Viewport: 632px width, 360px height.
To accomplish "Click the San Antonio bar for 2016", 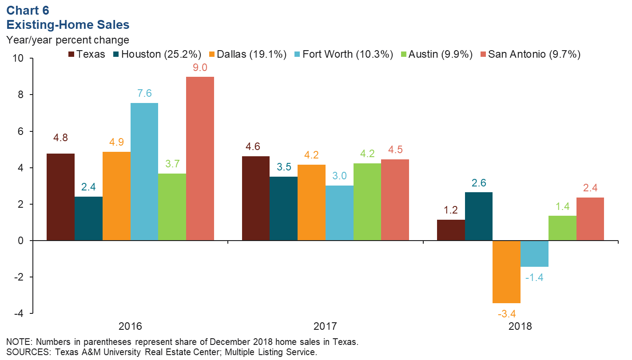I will tap(200, 158).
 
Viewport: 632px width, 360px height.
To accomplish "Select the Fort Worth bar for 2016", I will tap(144, 171).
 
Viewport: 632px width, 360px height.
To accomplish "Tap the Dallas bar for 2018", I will tap(506, 272).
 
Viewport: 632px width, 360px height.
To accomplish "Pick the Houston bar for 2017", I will tap(283, 209).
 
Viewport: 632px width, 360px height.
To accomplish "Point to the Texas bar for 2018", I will tap(451, 230).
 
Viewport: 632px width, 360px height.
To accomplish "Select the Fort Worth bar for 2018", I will tap(534, 253).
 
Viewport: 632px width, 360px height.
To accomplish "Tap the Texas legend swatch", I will tap(71, 55).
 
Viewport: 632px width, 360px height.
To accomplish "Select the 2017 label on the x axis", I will tap(325, 326).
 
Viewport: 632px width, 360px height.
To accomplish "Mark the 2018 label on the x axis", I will tap(520, 326).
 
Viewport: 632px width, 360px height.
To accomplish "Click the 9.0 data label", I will tap(200, 68).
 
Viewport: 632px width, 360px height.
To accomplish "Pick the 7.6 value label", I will tap(144, 94).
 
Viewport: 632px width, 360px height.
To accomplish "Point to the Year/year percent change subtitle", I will tap(68, 40).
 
